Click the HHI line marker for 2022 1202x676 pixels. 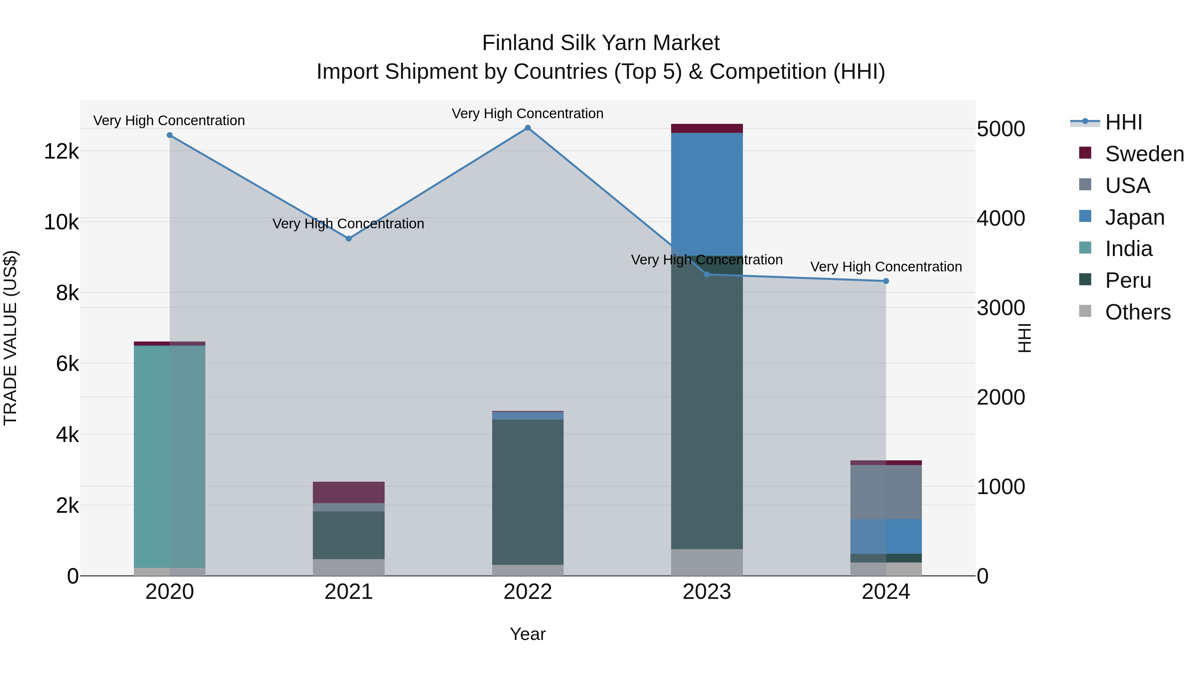pyautogui.click(x=528, y=128)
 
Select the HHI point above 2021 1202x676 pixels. pyautogui.click(x=349, y=238)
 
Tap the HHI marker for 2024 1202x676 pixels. pyautogui.click(x=886, y=281)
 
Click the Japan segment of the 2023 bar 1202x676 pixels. pyautogui.click(x=707, y=194)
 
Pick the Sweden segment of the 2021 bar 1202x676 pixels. pyautogui.click(x=349, y=492)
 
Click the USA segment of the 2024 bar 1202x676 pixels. pyautogui.click(x=886, y=492)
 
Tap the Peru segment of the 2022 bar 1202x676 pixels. pyautogui.click(x=528, y=492)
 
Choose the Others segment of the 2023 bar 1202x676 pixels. pyautogui.click(x=707, y=562)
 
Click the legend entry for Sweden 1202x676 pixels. pyautogui.click(x=1144, y=154)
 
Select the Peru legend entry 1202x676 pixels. pyautogui.click(x=1128, y=280)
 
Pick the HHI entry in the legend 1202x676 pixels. pyautogui.click(x=1123, y=122)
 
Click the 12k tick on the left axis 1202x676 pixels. pyautogui.click(x=61, y=152)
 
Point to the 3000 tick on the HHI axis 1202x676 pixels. pyautogui.click(x=1001, y=308)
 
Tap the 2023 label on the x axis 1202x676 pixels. pyautogui.click(x=707, y=592)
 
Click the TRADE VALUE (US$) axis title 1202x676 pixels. pyautogui.click(x=10, y=338)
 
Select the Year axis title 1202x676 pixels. pyautogui.click(x=528, y=634)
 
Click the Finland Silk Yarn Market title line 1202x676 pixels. pyautogui.click(x=601, y=43)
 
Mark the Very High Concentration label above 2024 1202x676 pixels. pyautogui.click(x=886, y=267)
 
